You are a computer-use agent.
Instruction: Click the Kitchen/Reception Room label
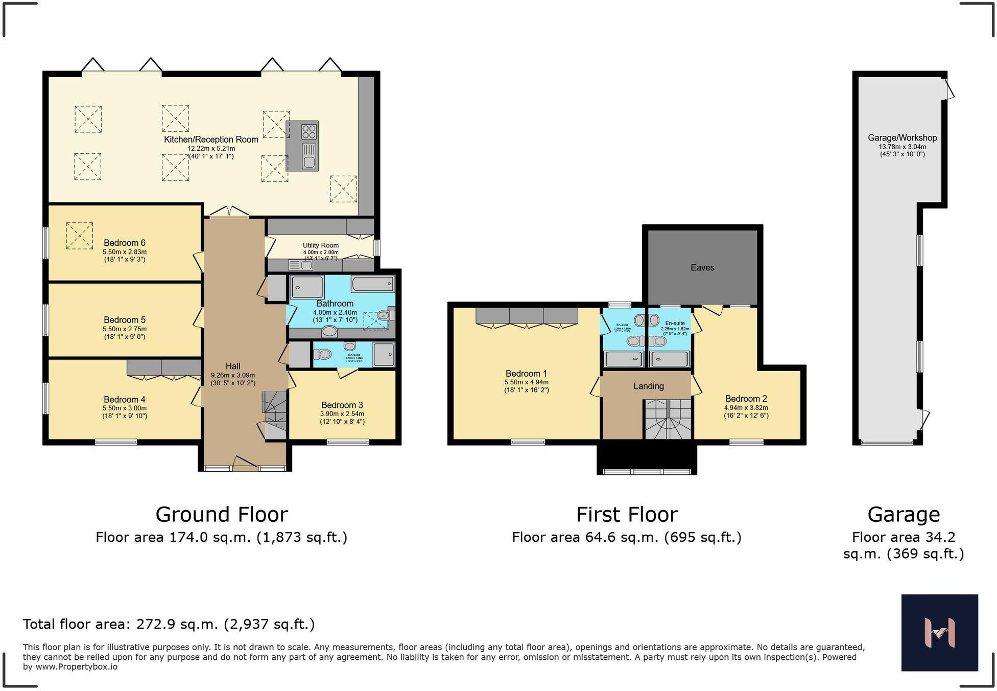pos(211,140)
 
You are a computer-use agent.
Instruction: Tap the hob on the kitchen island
pos(308,132)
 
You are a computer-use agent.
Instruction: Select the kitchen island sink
pos(308,162)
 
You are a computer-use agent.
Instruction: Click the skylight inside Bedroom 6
pos(79,236)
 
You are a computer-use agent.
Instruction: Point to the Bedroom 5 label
pos(125,320)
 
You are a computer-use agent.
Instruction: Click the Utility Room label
pos(320,245)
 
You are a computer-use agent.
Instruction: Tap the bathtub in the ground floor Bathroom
pos(373,284)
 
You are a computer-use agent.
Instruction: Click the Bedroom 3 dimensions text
pos(342,418)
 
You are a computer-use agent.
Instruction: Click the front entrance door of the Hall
pos(245,465)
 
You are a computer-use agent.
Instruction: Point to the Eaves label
pos(702,267)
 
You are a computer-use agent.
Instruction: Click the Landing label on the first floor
pos(649,386)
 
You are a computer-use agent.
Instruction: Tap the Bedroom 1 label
pos(526,374)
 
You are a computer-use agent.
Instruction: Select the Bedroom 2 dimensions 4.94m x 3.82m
pos(746,408)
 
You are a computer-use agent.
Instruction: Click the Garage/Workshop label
pos(902,138)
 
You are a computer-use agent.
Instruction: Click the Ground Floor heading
pos(221,515)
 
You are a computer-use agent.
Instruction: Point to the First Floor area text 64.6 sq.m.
pos(627,537)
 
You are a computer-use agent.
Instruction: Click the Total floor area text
pos(169,624)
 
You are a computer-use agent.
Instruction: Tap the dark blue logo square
pos(939,632)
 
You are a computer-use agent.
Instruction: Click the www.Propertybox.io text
pos(76,667)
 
